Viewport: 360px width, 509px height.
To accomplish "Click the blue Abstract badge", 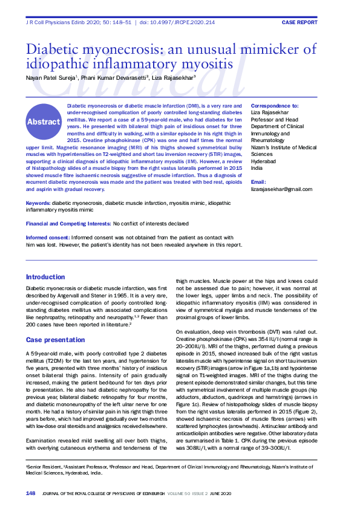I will [x=44, y=122].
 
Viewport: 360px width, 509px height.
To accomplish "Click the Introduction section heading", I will [x=45, y=277].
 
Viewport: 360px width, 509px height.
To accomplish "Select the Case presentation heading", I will [x=52, y=340].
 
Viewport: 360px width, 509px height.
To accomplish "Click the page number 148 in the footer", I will [x=30, y=494].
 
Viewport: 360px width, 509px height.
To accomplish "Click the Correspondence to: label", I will [x=275, y=105].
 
